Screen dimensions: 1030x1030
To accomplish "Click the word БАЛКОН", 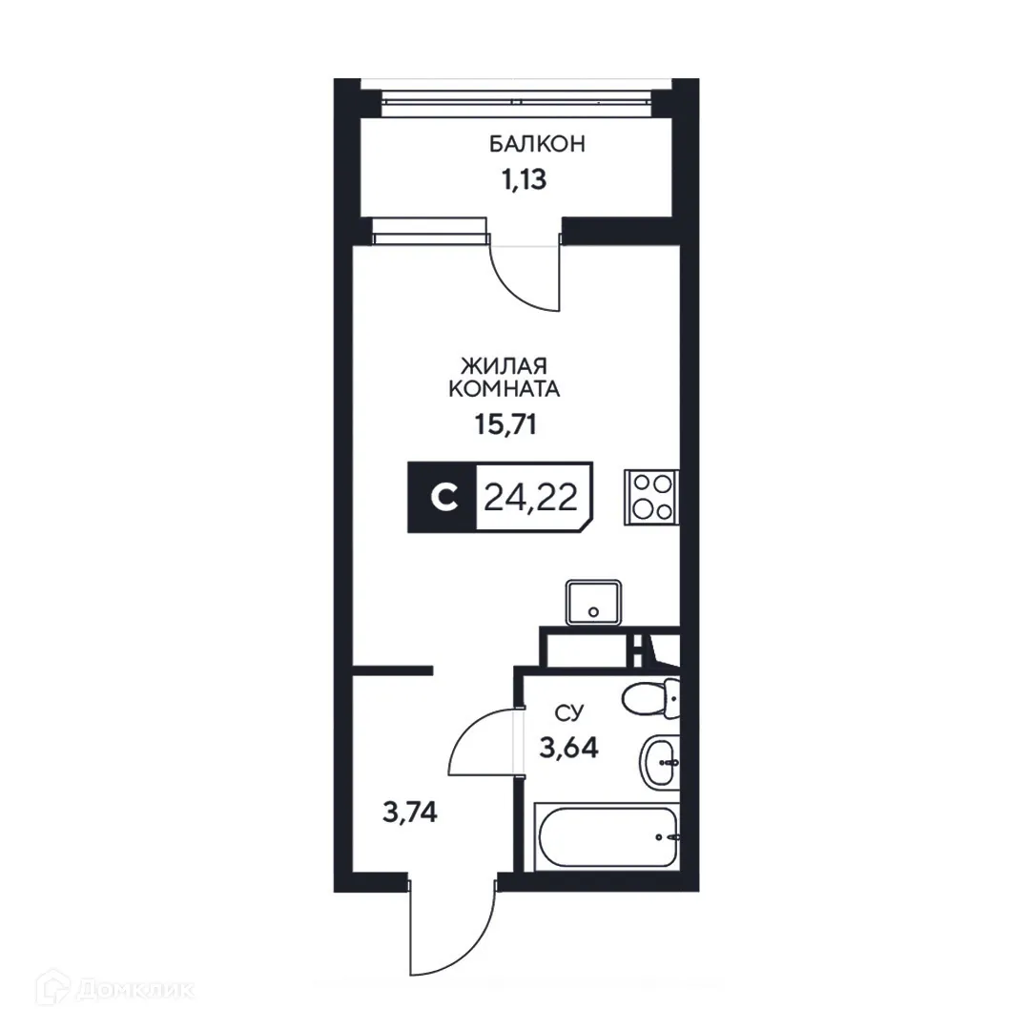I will coord(536,144).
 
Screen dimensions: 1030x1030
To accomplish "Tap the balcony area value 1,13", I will coord(524,179).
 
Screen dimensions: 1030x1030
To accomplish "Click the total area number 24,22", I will coord(530,497).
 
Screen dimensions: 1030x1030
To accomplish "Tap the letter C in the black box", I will coord(440,498).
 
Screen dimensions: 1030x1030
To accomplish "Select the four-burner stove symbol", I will coord(650,497).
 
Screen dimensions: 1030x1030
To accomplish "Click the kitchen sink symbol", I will coord(593,603).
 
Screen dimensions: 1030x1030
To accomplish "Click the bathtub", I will coord(608,836).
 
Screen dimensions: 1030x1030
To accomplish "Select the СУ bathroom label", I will coord(569,713).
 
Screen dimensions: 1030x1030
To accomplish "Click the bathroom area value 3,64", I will coord(568,747).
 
